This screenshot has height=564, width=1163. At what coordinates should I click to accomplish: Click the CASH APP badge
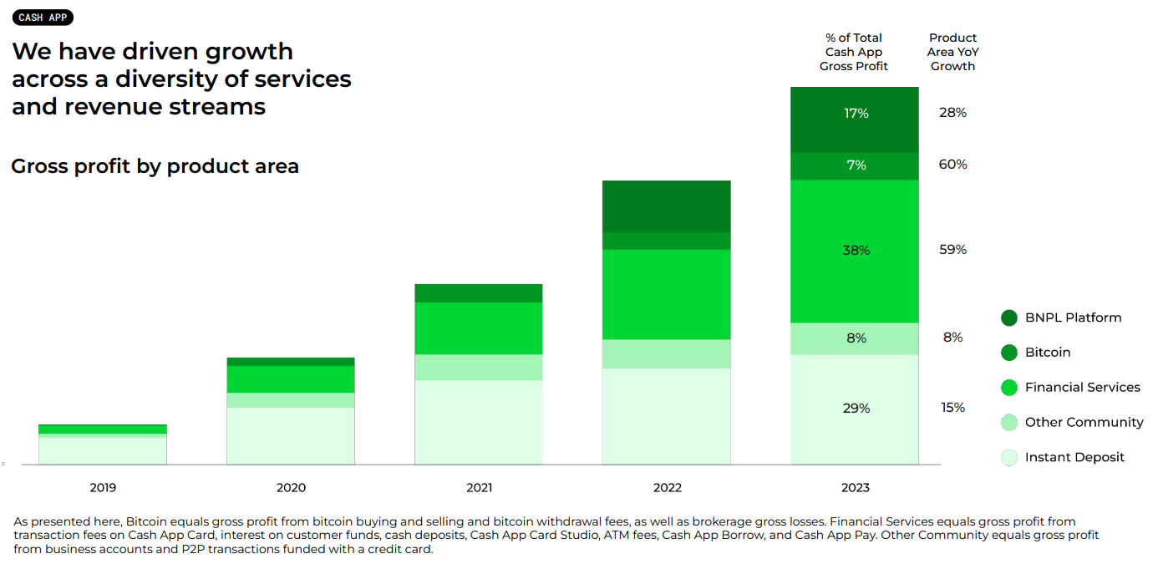point(43,18)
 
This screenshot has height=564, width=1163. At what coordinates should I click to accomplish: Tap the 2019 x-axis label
point(103,488)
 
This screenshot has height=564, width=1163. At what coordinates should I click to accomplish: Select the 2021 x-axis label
point(480,488)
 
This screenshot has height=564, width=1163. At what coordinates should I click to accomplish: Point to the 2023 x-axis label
point(855,488)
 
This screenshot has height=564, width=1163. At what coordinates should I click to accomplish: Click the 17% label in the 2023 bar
point(856,113)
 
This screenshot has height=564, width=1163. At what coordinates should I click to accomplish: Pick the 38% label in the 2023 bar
point(856,251)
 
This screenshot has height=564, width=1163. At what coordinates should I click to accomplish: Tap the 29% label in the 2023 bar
point(856,409)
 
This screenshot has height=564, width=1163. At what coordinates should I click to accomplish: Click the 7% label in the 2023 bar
point(856,165)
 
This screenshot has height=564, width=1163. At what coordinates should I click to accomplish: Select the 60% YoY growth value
point(952,165)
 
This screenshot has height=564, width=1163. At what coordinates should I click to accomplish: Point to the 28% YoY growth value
point(952,113)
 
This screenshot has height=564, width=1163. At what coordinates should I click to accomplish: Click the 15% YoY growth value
point(952,408)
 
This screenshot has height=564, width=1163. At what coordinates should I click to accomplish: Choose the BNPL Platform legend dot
point(1009,318)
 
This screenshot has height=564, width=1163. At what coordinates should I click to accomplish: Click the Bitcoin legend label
point(1048,353)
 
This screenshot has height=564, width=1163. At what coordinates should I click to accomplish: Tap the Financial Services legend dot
point(1009,388)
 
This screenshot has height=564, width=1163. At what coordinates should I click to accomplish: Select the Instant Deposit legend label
point(1074,457)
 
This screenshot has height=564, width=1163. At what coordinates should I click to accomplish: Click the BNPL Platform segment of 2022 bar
point(667,206)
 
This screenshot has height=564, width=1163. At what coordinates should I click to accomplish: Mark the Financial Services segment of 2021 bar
point(479,328)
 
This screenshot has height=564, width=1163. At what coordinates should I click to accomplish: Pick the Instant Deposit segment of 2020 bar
point(291,435)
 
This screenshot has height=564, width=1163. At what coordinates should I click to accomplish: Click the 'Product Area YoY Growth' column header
point(952,52)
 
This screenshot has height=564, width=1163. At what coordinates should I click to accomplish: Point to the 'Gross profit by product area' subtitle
point(155,166)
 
